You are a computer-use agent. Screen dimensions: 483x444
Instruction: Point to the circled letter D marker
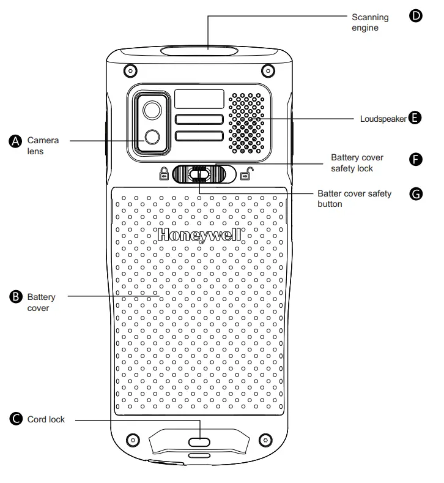(x=415, y=16)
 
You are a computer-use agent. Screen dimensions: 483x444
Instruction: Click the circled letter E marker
(x=415, y=118)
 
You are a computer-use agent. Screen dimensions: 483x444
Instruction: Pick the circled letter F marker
(x=415, y=159)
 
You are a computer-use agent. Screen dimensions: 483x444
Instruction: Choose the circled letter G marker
(x=415, y=193)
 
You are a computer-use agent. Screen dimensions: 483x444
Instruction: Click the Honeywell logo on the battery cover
(x=199, y=234)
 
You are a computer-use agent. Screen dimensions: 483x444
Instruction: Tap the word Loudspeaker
(x=383, y=118)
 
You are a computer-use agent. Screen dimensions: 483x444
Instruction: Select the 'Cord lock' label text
(x=46, y=419)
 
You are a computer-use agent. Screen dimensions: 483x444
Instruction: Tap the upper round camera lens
(x=151, y=110)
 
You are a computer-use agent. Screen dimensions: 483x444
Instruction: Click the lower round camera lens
(x=151, y=137)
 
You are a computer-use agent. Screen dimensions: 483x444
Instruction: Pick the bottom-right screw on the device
(x=265, y=440)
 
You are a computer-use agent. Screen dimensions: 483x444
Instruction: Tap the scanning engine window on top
(x=199, y=50)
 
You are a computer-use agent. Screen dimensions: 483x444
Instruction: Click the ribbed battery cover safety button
(x=197, y=175)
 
